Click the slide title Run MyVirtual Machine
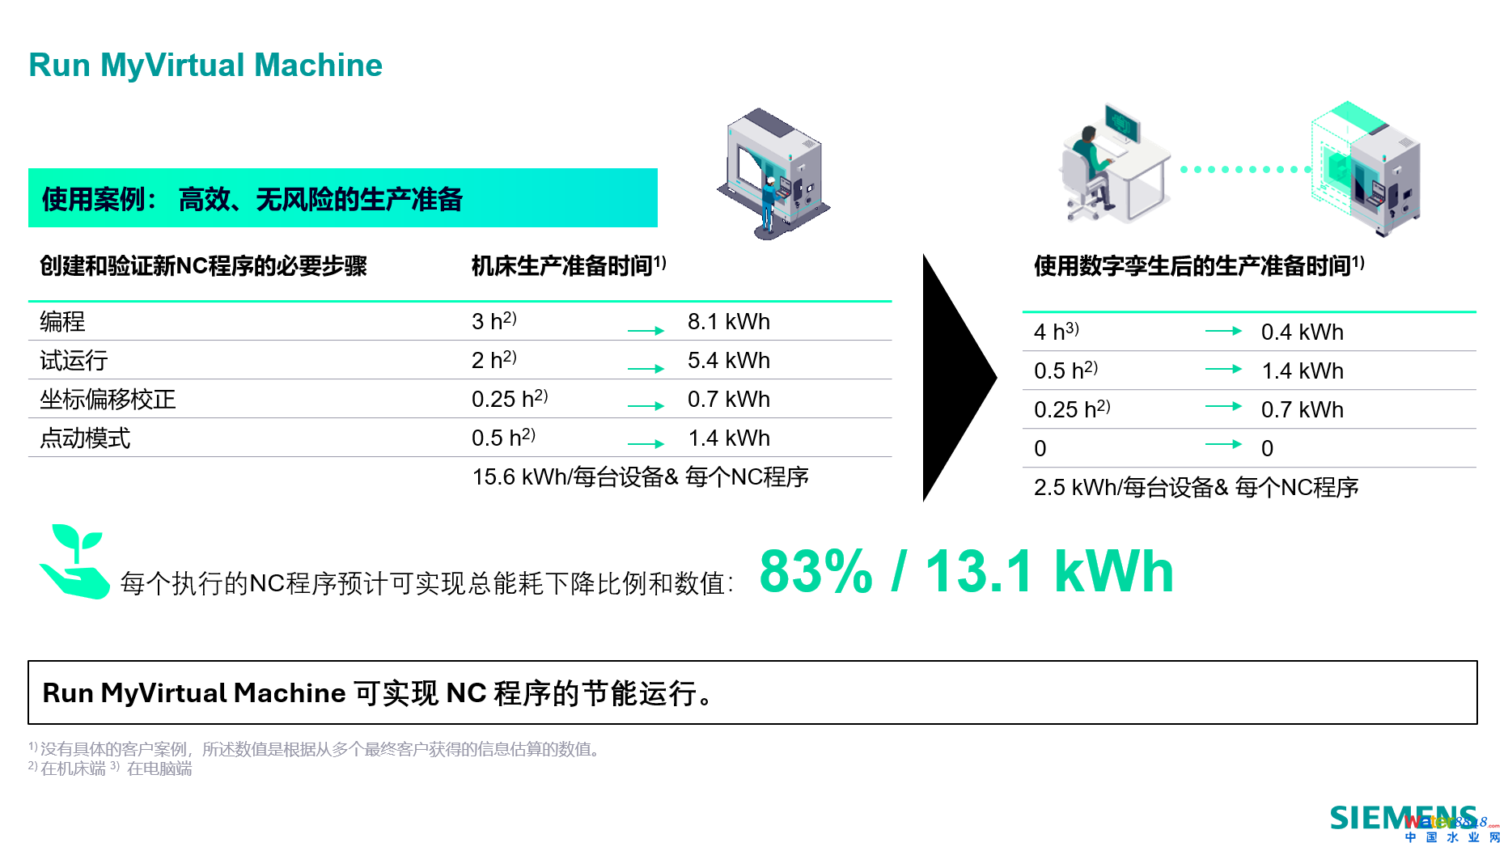pos(205,65)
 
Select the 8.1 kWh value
pos(728,321)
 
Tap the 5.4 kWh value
pos(728,360)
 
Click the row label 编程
pos(62,321)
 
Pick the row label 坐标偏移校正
pos(108,399)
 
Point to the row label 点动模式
pos(85,438)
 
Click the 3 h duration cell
pos(493,320)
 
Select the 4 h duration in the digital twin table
pos(1056,331)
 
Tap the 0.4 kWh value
pos(1302,332)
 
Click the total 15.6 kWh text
pos(640,476)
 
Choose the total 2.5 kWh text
pos(1196,487)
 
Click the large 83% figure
pos(816,571)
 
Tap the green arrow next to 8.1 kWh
pos(646,330)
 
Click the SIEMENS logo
pos(1404,818)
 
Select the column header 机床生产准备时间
pos(569,265)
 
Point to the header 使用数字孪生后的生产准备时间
pos(1199,265)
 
